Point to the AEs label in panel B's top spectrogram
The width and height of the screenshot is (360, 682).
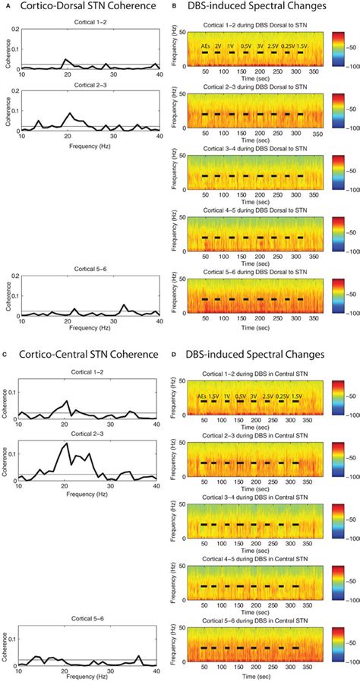coord(206,46)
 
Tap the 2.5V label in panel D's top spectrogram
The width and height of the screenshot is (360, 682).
coord(267,396)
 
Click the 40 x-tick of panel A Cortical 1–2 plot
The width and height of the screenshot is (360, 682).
coord(157,75)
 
